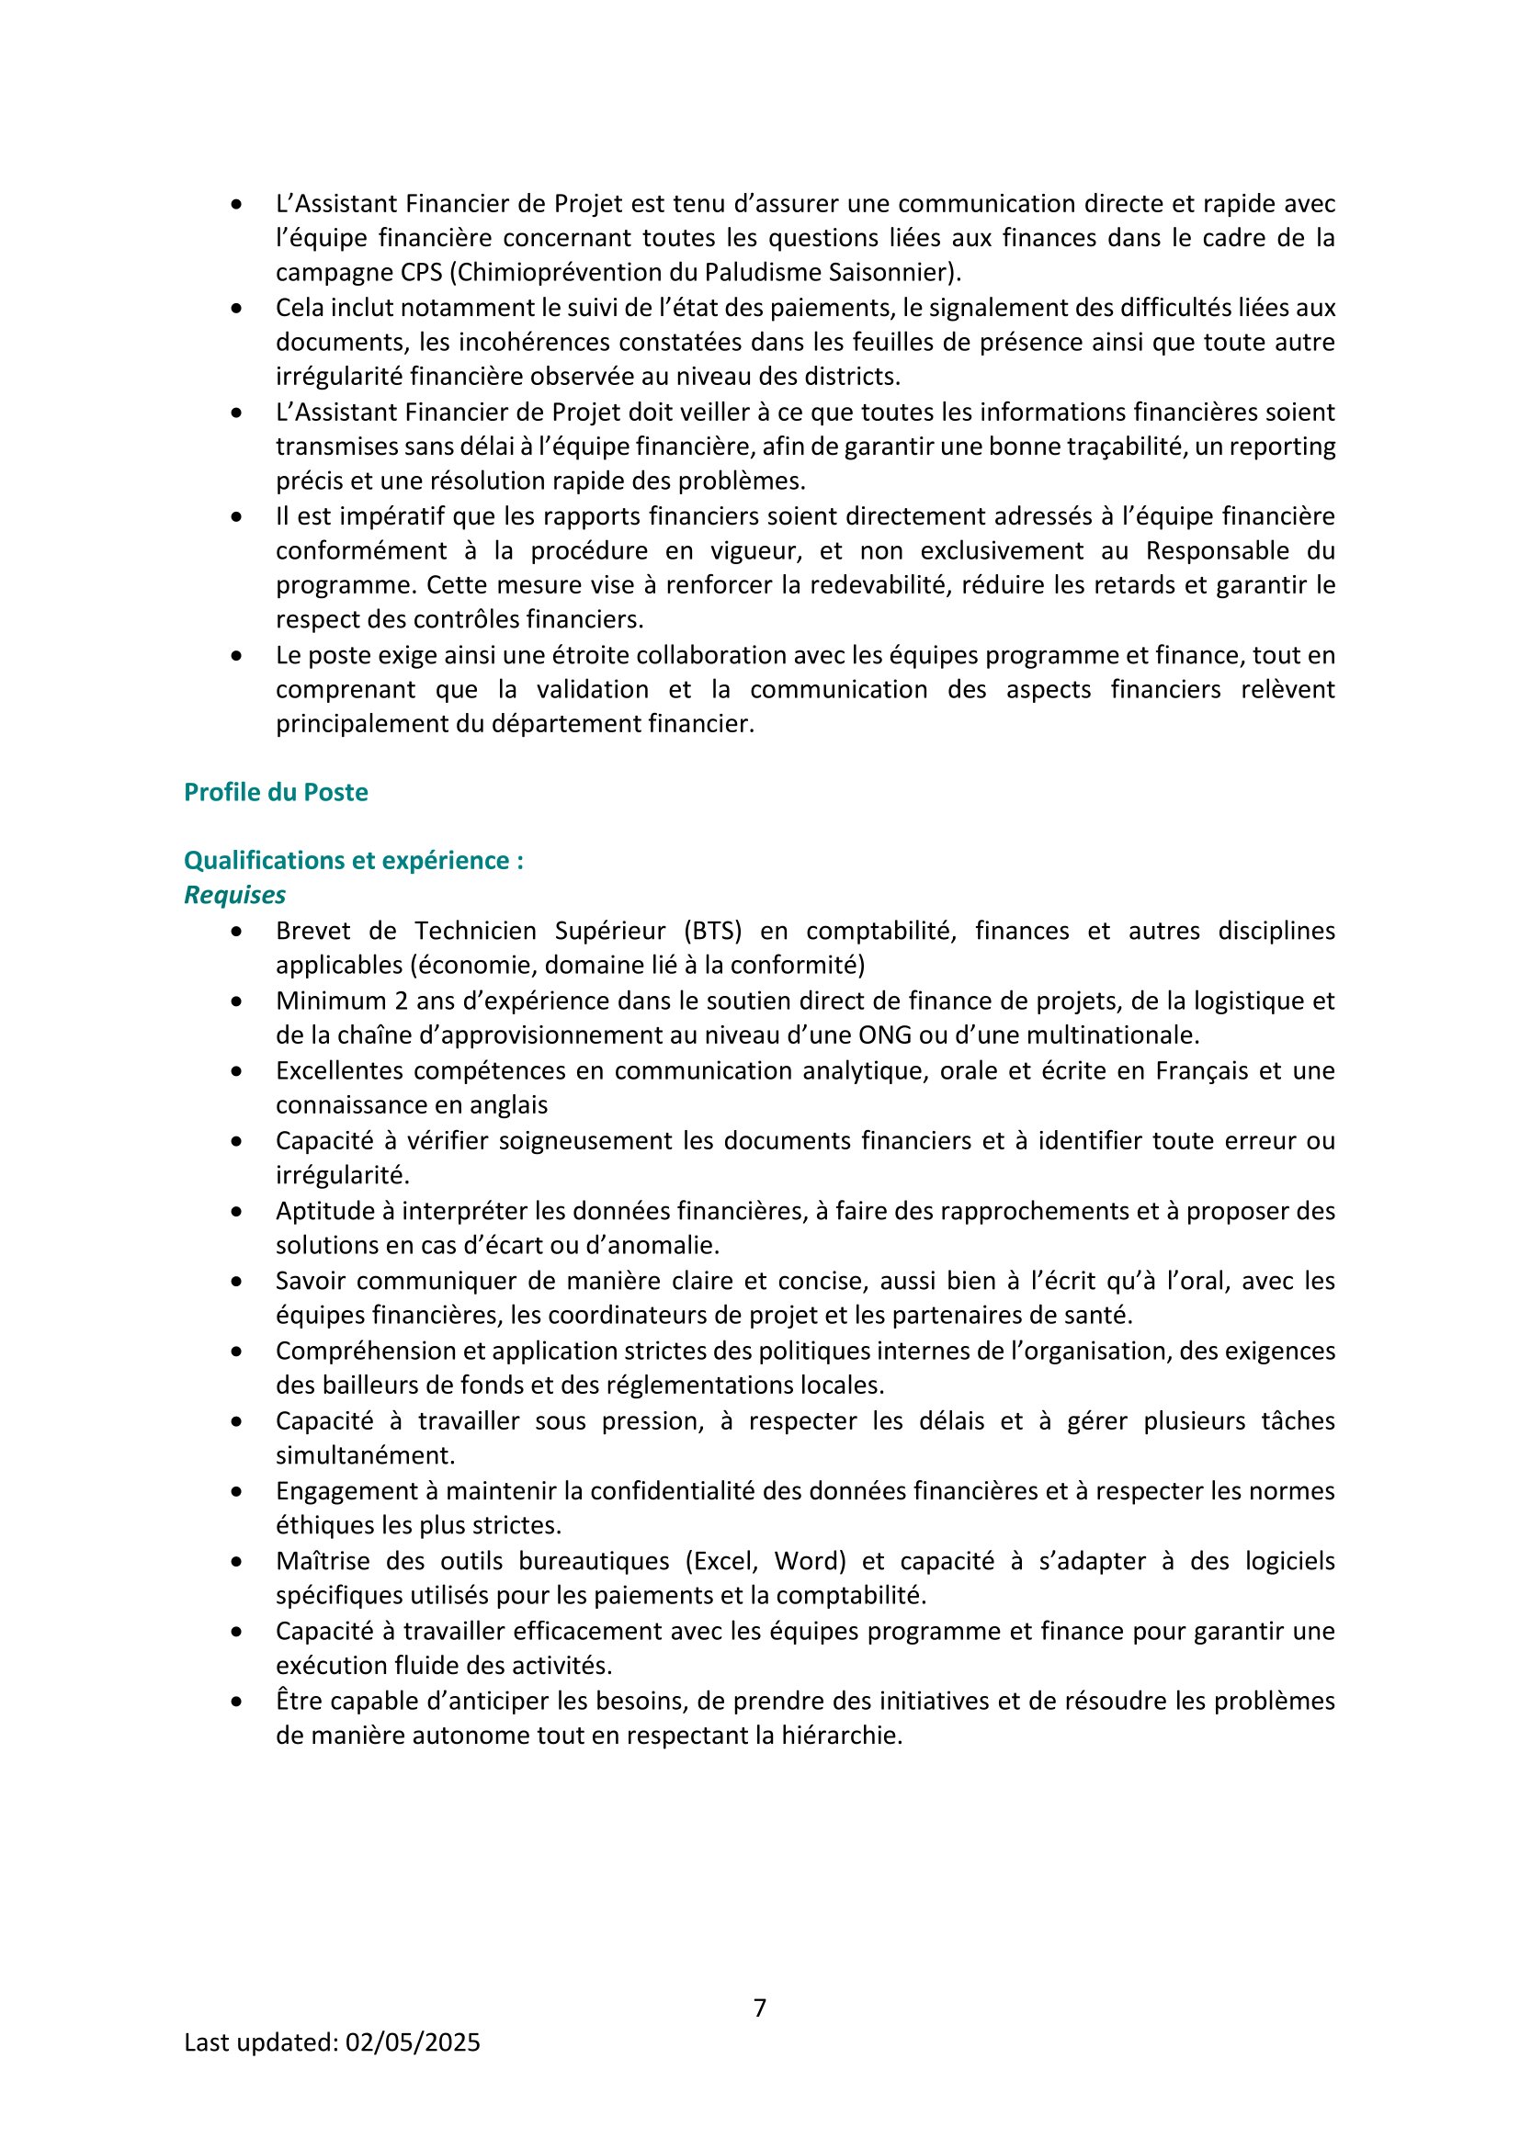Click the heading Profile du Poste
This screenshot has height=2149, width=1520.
[275, 792]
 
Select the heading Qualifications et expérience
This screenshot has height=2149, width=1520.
[353, 860]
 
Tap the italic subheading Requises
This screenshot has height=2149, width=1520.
[234, 895]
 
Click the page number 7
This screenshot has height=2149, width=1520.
[760, 2008]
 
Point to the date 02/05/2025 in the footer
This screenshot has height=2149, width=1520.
[413, 2042]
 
